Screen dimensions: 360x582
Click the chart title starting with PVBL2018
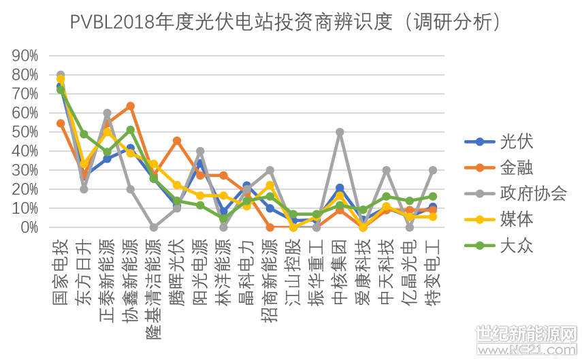(x=286, y=22)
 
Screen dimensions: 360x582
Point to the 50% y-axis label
(x=25, y=132)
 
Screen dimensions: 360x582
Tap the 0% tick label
(x=29, y=228)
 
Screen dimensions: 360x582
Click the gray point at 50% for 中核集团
(x=340, y=132)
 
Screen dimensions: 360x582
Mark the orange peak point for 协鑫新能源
(x=130, y=106)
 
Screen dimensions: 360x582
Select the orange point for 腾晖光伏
(x=177, y=141)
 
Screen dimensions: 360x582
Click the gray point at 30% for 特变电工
(x=432, y=170)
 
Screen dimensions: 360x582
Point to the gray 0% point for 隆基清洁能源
(x=154, y=227)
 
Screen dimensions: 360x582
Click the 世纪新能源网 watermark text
(x=526, y=333)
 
